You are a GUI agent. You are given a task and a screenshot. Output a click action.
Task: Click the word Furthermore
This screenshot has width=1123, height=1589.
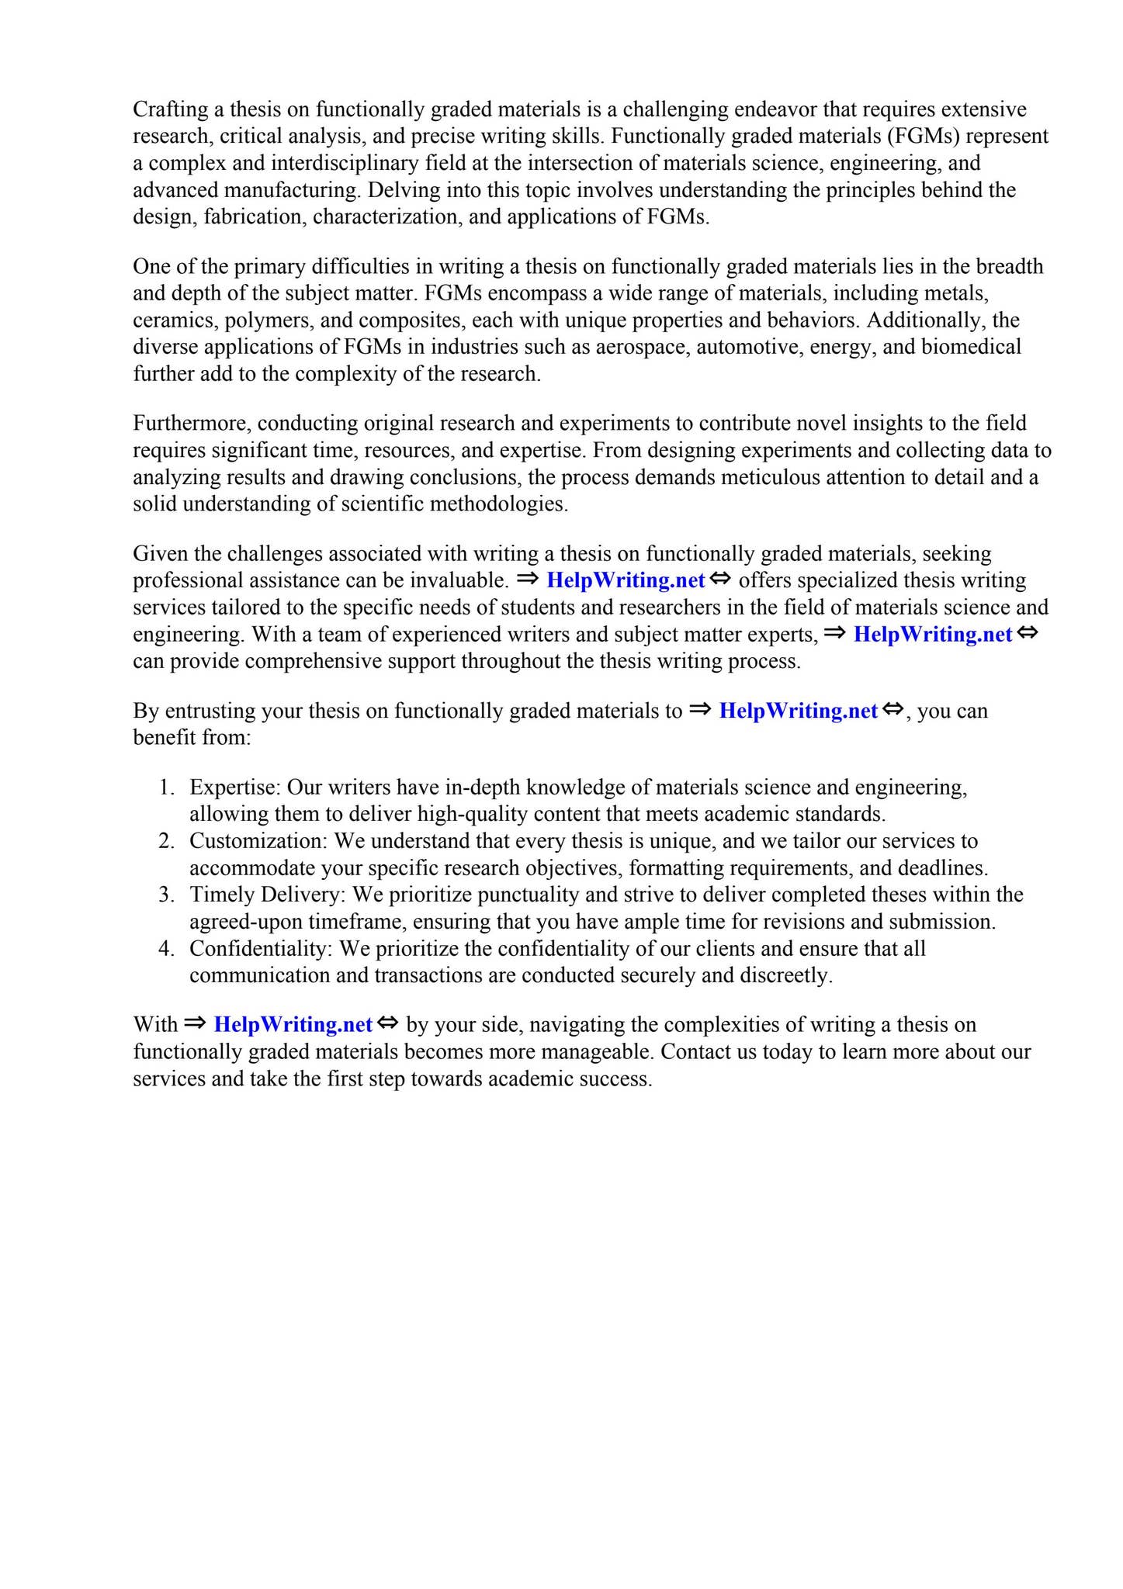point(192,424)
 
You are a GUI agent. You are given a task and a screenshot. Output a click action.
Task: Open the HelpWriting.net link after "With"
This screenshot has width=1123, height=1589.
point(293,1025)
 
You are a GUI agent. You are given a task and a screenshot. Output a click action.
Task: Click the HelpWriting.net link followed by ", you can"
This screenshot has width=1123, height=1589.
point(798,711)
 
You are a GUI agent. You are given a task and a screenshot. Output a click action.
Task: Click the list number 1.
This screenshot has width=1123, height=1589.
point(165,788)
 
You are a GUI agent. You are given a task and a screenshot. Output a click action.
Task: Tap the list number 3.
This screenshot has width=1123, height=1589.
point(165,895)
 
